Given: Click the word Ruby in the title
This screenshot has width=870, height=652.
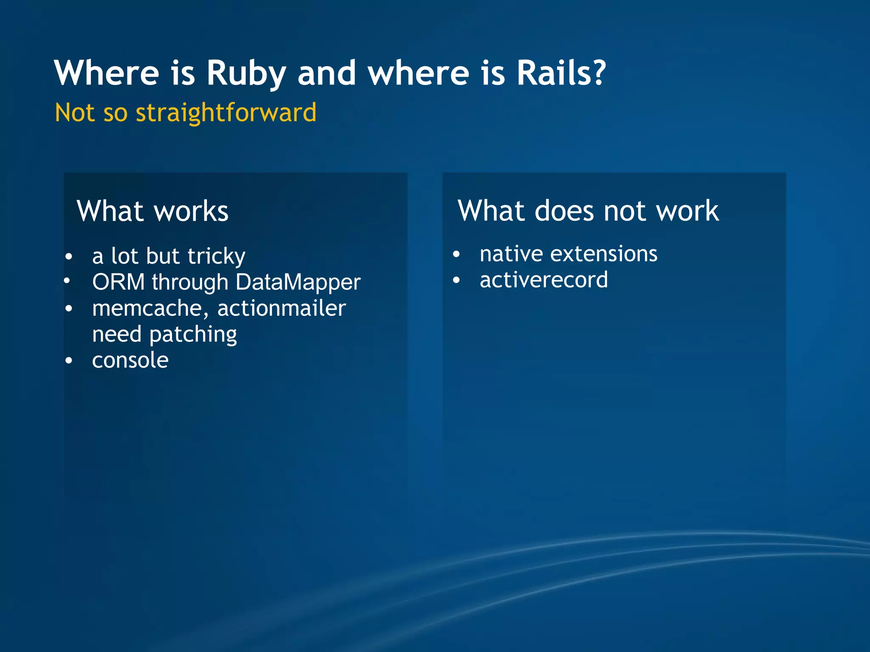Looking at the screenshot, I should pyautogui.click(x=246, y=73).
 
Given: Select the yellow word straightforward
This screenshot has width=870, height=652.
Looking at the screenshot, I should pyautogui.click(x=226, y=113).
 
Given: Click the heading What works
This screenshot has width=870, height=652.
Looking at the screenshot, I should pyautogui.click(x=153, y=211).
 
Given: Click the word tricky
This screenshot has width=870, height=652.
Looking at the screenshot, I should pyautogui.click(x=216, y=256).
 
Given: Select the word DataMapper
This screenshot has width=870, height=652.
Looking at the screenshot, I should pyautogui.click(x=298, y=282).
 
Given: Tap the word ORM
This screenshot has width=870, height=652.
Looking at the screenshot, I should pyautogui.click(x=119, y=282).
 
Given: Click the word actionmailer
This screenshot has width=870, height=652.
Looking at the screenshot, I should pyautogui.click(x=282, y=308).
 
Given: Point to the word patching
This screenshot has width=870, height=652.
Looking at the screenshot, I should pyautogui.click(x=193, y=335).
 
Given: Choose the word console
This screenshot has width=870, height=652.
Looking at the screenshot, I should pyautogui.click(x=130, y=360).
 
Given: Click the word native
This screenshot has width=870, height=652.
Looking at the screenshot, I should pyautogui.click(x=511, y=254).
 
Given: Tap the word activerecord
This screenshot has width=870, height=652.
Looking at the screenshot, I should pyautogui.click(x=544, y=280).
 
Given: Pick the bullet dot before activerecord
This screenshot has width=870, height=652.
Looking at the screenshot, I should pyautogui.click(x=456, y=281).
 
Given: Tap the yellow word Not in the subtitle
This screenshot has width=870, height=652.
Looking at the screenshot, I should pyautogui.click(x=74, y=113).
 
